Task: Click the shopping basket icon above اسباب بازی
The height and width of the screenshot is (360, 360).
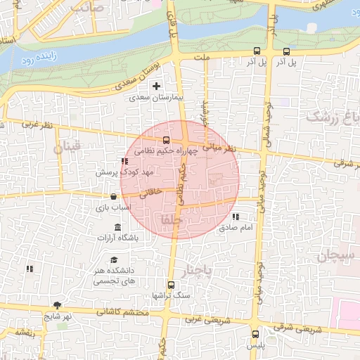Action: coord(113,197)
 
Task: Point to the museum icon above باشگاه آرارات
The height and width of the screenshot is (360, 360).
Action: coord(117,227)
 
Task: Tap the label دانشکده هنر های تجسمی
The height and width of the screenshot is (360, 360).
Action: coord(116,275)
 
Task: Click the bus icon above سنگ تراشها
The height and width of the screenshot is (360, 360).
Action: coord(171,284)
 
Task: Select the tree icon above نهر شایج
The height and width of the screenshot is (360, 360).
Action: coord(56,305)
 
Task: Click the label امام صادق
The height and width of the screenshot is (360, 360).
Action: coord(235,228)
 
